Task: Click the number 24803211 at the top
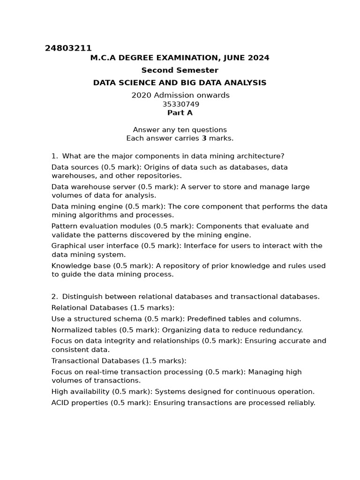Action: point(68,48)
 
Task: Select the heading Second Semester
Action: point(180,70)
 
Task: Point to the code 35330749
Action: point(180,104)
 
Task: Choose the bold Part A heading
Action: point(180,113)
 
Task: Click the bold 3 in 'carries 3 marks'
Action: point(204,138)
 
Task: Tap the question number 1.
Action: point(54,156)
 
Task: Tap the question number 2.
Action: point(54,297)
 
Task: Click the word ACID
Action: point(60,403)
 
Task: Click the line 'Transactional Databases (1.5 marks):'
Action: point(119,361)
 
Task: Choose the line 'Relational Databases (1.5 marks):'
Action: point(112,308)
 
